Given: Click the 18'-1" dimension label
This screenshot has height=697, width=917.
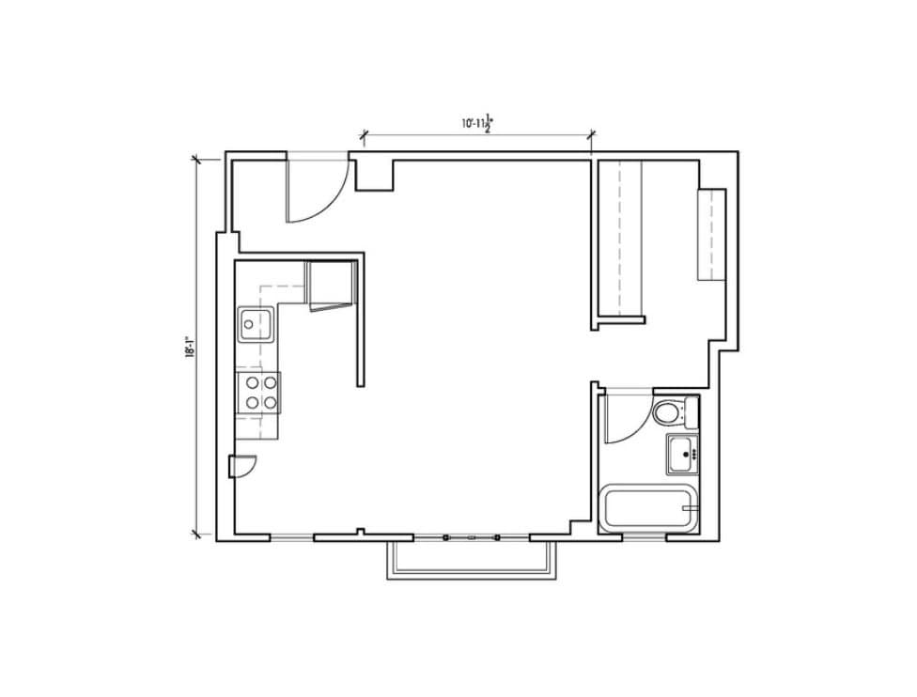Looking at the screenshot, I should click(x=190, y=348).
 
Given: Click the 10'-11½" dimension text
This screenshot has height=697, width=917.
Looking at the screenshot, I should click(x=477, y=123).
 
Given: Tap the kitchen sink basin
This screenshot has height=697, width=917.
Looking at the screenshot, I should click(x=255, y=325).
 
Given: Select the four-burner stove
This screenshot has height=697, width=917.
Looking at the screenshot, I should click(x=258, y=392).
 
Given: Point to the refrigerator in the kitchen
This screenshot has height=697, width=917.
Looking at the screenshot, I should click(x=330, y=285).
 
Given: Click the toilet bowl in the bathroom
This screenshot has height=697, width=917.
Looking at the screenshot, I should click(x=668, y=412).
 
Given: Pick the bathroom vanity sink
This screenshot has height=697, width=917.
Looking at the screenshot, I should click(x=683, y=455).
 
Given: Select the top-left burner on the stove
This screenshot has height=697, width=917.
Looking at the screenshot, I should click(x=251, y=382).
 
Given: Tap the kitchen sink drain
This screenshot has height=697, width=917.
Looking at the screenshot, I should click(x=249, y=325).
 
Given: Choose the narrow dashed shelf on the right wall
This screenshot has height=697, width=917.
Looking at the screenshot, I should click(x=711, y=234).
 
